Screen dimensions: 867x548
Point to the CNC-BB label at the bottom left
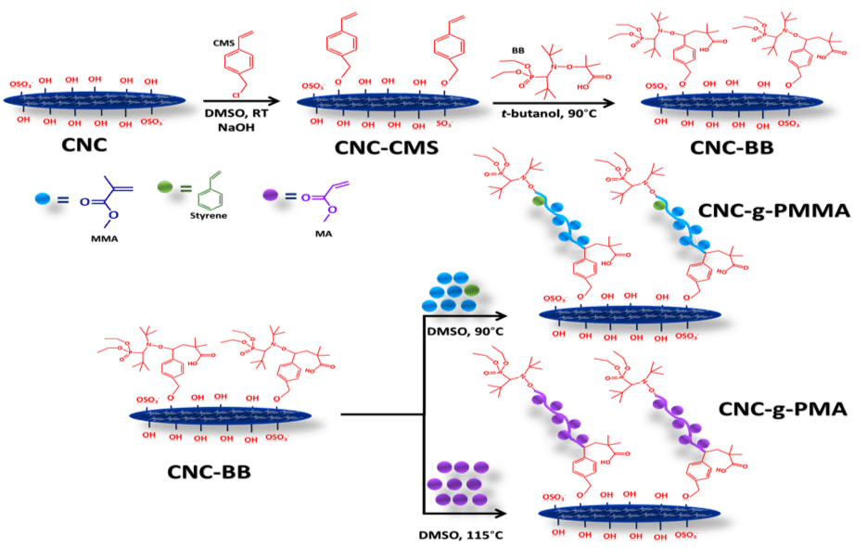click(210, 471)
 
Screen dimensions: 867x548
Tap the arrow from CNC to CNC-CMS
click(241, 99)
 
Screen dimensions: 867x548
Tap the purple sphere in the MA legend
click(271, 196)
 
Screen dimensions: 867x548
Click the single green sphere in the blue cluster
click(473, 291)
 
